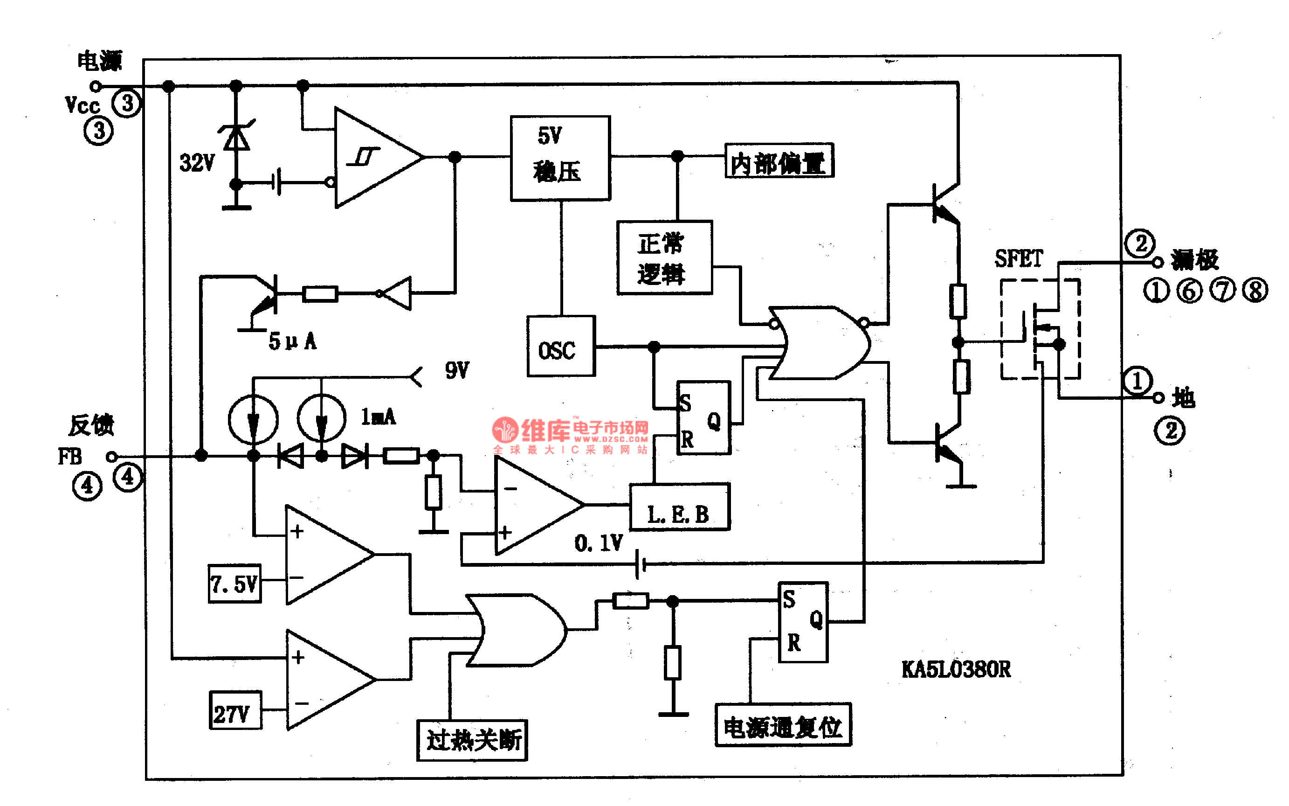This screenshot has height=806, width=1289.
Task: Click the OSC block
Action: [x=561, y=347]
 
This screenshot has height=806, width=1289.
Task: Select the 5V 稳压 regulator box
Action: [x=560, y=158]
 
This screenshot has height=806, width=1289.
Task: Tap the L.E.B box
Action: [x=680, y=507]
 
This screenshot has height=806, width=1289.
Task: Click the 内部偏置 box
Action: [x=779, y=160]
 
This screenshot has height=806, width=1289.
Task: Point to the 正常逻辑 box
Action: [x=664, y=258]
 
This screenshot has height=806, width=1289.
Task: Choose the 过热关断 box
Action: [x=472, y=740]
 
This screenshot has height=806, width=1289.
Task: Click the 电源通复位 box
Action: [x=783, y=725]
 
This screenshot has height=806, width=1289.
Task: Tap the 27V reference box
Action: [x=235, y=710]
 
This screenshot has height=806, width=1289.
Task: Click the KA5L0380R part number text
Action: [x=956, y=669]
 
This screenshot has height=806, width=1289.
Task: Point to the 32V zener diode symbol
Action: [x=236, y=137]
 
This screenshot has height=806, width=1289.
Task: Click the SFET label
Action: [x=1019, y=259]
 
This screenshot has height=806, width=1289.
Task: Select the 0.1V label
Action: [x=598, y=544]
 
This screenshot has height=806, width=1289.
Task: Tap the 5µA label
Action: [x=292, y=341]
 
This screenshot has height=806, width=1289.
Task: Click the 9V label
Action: [x=457, y=370]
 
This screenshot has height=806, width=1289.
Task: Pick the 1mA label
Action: [x=378, y=417]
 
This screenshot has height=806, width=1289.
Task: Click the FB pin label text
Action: [x=70, y=457]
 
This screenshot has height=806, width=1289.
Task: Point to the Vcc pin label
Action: [x=82, y=105]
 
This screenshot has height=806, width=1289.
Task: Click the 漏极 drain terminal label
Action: [x=1194, y=260]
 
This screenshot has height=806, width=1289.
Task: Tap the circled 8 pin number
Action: [x=1255, y=291]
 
